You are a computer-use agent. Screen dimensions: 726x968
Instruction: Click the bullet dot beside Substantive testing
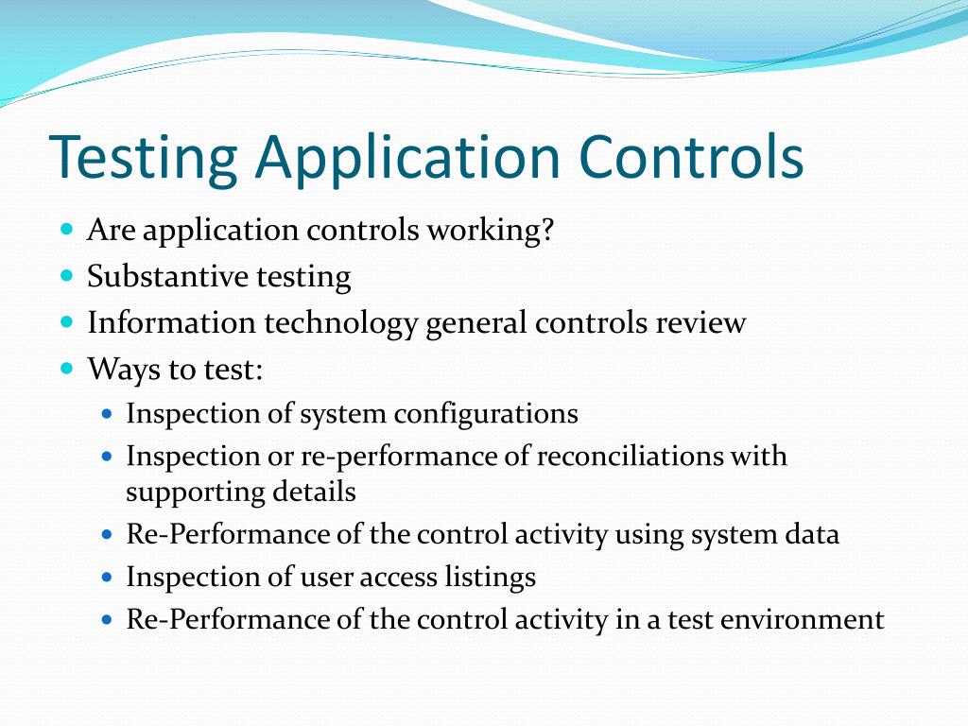pos(66,276)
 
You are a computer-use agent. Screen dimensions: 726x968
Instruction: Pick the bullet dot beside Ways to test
pos(66,367)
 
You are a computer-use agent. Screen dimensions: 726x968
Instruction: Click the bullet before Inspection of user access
pos(107,576)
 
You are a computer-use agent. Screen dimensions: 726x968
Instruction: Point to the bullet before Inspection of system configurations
pos(107,413)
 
